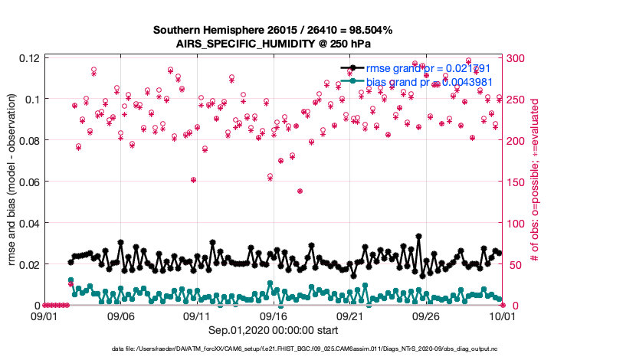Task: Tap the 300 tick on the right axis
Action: pyautogui.click(x=516, y=58)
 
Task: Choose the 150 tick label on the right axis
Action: pyautogui.click(x=516, y=182)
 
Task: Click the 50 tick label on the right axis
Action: pyautogui.click(x=513, y=264)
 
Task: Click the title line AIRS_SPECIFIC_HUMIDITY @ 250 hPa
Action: pyautogui.click(x=273, y=44)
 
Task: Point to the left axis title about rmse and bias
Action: pyautogui.click(x=12, y=181)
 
